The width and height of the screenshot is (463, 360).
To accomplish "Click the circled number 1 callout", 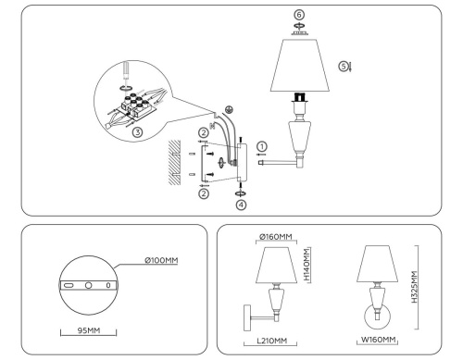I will pos(262,145).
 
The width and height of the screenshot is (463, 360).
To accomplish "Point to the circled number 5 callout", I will pos(343,66).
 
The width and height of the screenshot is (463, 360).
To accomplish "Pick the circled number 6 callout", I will pos(298,16).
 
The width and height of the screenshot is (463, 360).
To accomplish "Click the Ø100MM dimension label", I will pos(161,262).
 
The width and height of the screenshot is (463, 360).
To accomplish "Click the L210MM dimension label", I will pos(270,341).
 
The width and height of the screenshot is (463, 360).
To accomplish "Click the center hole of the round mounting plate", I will pos(89,286).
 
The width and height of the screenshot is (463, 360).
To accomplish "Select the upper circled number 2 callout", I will pos(202,133).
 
